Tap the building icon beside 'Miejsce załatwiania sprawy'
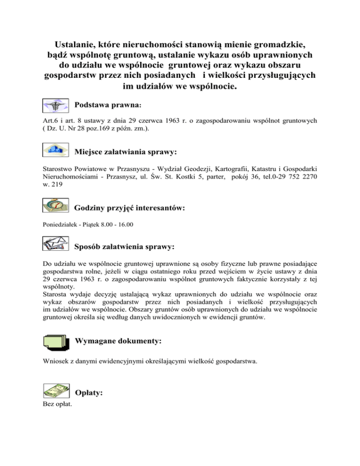(55, 150)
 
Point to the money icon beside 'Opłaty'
(56, 390)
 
